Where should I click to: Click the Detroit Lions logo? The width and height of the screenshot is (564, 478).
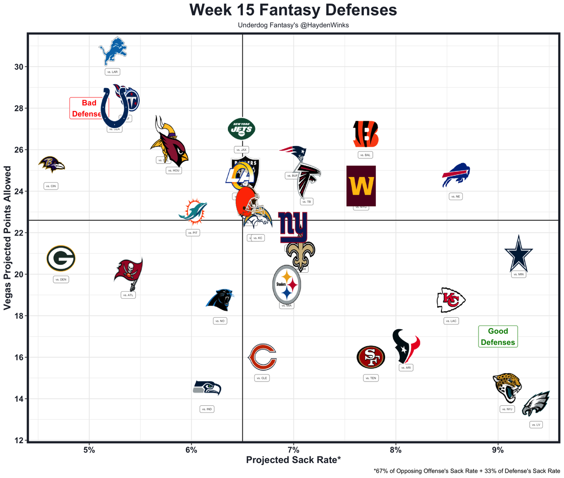click(x=113, y=51)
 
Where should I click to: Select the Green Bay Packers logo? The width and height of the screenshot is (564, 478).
click(x=61, y=259)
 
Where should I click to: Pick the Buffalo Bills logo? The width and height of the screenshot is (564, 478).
click(x=456, y=175)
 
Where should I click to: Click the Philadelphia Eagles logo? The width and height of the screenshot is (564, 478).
click(x=536, y=403)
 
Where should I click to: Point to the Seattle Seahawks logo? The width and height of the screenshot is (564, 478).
click(x=207, y=388)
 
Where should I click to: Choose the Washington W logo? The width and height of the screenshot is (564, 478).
click(x=361, y=186)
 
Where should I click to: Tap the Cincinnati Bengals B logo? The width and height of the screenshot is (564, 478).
click(x=365, y=134)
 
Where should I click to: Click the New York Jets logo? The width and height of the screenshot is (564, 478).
click(x=241, y=129)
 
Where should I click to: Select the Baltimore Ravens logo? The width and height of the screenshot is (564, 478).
click(x=51, y=165)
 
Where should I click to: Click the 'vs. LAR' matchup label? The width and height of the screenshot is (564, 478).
click(x=112, y=72)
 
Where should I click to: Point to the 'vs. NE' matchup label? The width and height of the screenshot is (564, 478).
click(x=456, y=196)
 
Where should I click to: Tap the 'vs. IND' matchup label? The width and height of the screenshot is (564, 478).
click(x=207, y=409)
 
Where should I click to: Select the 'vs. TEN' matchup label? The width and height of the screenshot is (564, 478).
click(x=371, y=378)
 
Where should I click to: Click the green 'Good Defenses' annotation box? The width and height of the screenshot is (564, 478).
click(x=498, y=337)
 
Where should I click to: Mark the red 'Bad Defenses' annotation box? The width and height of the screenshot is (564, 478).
click(x=86, y=108)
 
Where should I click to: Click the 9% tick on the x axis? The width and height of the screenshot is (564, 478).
click(x=498, y=450)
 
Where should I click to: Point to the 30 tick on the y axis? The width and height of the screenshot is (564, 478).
click(x=19, y=67)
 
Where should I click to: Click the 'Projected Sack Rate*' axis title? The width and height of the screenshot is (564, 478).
click(x=293, y=460)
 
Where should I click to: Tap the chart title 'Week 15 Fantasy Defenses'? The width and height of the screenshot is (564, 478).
click(x=293, y=10)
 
